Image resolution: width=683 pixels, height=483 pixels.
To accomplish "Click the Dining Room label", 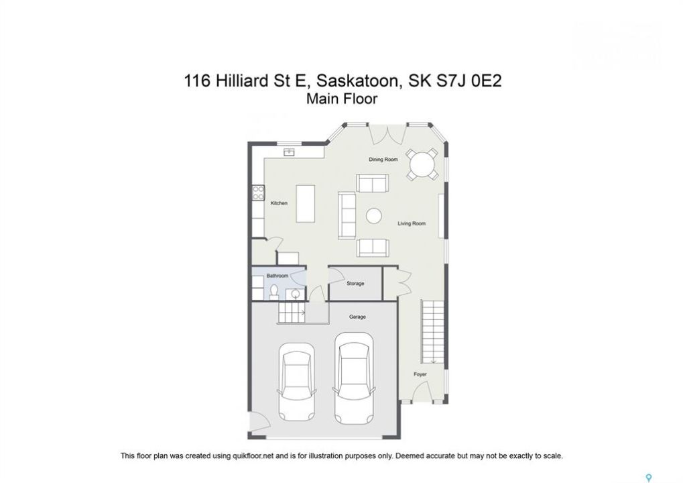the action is (x=383, y=160).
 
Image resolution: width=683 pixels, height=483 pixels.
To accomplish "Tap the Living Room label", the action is (x=411, y=223).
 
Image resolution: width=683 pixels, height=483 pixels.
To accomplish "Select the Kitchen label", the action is (x=279, y=203).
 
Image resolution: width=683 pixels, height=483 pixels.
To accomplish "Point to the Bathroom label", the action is (x=277, y=276).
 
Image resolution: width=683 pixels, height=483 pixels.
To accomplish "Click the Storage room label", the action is (x=355, y=283).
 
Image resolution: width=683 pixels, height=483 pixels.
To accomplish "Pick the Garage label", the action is (x=357, y=317).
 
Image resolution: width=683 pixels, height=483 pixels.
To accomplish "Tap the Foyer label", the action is (x=420, y=374).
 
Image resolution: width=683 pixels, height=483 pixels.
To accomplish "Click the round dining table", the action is (x=422, y=164).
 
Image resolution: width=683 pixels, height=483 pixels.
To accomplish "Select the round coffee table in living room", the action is (x=374, y=216).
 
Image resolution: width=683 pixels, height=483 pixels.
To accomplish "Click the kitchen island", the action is (x=306, y=203).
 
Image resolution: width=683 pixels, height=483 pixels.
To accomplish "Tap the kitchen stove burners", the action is (x=258, y=193).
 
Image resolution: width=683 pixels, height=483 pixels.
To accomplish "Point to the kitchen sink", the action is (x=290, y=152).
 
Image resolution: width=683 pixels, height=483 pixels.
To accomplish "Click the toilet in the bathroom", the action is (x=274, y=292).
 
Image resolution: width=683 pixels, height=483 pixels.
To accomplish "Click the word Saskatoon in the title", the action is (x=357, y=81).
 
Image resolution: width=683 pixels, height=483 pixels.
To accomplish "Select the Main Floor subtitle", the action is (x=342, y=99).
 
